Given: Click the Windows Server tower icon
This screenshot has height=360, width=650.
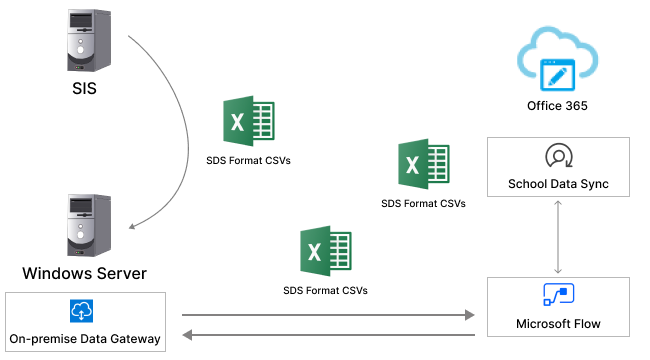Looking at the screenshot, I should click(x=83, y=225).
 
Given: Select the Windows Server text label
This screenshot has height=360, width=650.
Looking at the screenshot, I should click(x=85, y=273).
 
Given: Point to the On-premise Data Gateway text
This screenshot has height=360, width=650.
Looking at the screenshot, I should click(x=84, y=339).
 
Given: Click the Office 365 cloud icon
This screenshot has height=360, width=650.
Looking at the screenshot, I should click(x=555, y=61).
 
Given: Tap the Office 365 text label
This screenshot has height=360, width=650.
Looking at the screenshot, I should click(x=557, y=106).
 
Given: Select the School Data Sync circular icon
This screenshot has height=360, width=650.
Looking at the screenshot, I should click(x=557, y=156).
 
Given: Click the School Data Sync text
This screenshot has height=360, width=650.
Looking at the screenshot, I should click(x=558, y=184).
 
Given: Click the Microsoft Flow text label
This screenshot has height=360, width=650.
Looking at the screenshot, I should click(x=557, y=324).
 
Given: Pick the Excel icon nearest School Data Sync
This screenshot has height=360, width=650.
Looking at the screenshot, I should click(x=423, y=165).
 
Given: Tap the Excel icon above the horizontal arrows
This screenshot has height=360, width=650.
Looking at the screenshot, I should click(x=325, y=252).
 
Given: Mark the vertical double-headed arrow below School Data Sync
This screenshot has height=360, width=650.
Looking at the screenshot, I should click(x=557, y=236).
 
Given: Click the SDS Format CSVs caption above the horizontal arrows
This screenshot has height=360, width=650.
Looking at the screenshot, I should click(x=325, y=291).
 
